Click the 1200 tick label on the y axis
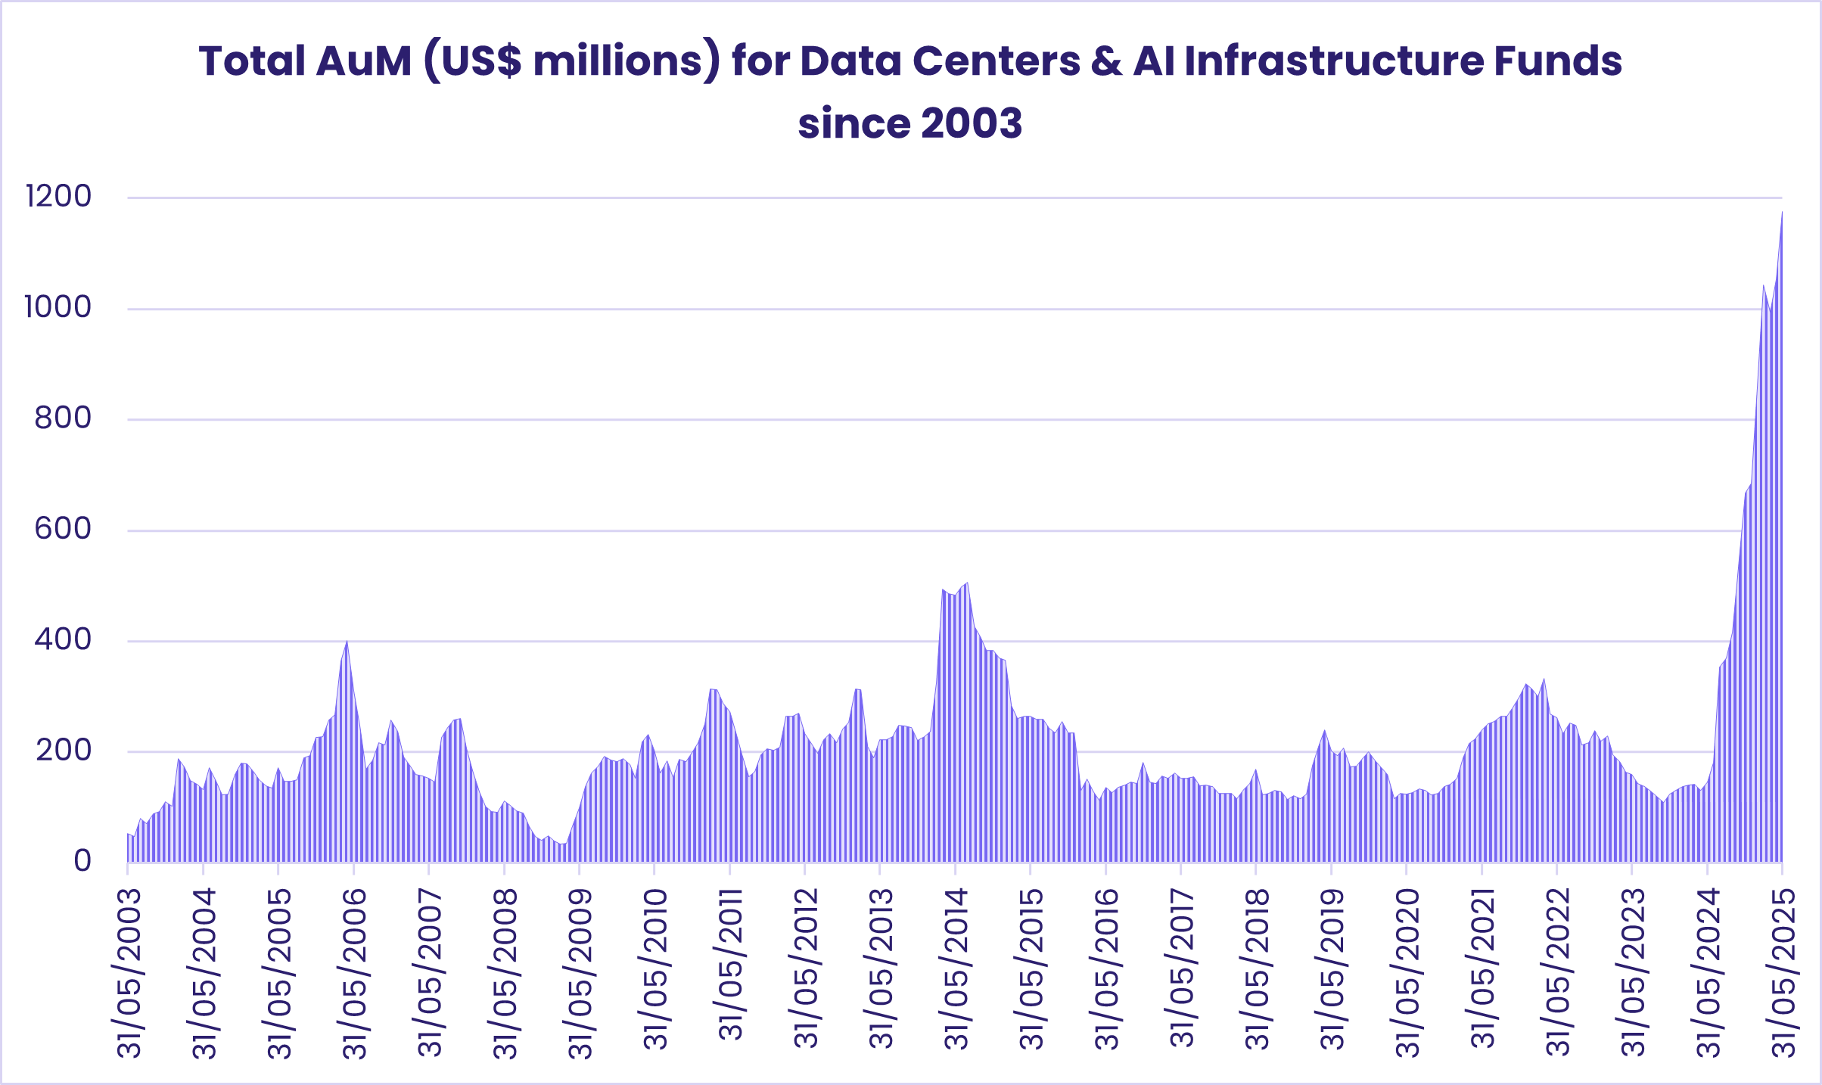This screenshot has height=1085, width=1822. (x=58, y=197)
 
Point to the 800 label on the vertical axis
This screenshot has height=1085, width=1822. (x=63, y=418)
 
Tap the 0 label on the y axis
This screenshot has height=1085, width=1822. (x=82, y=861)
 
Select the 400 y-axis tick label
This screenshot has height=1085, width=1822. (x=63, y=640)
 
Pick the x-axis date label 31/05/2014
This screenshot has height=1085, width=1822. (x=956, y=969)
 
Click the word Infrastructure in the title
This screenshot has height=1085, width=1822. (x=1333, y=61)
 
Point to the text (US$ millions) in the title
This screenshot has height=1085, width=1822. (x=571, y=61)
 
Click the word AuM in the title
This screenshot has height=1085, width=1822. (x=364, y=61)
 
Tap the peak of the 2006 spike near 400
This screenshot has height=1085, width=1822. (x=347, y=641)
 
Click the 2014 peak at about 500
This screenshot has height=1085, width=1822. (x=967, y=583)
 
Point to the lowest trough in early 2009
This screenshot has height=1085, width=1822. (x=561, y=844)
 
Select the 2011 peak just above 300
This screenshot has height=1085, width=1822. (x=711, y=689)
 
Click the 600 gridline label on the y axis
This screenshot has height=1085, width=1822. (x=63, y=529)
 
